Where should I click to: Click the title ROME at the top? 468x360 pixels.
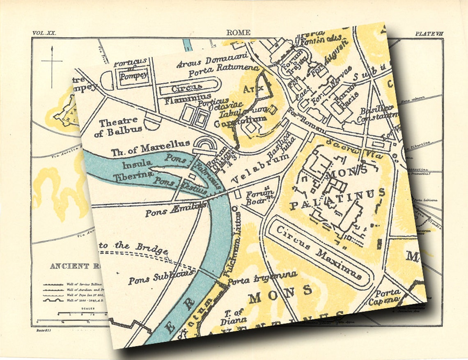click(238, 33)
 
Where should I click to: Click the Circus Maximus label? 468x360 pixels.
click(318, 252)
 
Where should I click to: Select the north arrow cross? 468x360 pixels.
click(52, 62)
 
